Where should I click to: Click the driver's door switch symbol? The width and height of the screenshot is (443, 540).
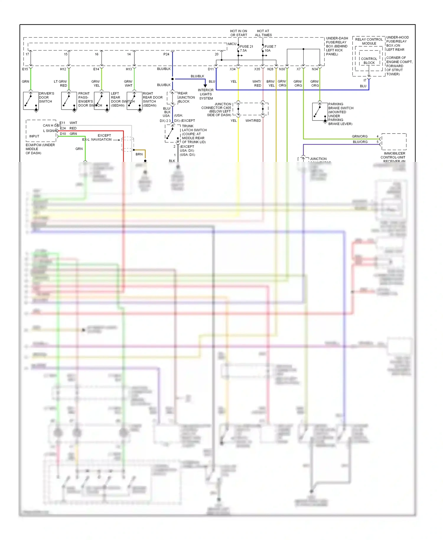pyautogui.click(x=31, y=101)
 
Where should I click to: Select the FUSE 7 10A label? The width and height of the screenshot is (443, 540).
pyautogui.click(x=270, y=48)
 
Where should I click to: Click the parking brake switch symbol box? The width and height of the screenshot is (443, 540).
pyautogui.click(x=320, y=111)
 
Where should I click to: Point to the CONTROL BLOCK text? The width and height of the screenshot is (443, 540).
pyautogui.click(x=369, y=61)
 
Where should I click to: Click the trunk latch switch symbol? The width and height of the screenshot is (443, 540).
pyautogui.click(x=172, y=133)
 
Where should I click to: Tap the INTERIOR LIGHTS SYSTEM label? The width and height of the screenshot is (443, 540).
pyautogui.click(x=206, y=94)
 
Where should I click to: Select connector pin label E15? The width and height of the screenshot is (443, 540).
pyautogui.click(x=25, y=69)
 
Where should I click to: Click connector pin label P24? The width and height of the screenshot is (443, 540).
pyautogui.click(x=166, y=54)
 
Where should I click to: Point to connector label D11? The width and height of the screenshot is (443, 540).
pyautogui.click(x=211, y=69)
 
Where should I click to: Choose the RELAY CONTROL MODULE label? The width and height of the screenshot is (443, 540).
pyautogui.click(x=369, y=41)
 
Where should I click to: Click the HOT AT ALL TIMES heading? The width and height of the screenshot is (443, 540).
pyautogui.click(x=263, y=33)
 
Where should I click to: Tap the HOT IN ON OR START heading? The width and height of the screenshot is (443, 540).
pyautogui.click(x=239, y=33)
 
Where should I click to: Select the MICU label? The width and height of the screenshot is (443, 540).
pyautogui.click(x=232, y=44)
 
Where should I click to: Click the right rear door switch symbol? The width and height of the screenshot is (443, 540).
pyautogui.click(x=134, y=101)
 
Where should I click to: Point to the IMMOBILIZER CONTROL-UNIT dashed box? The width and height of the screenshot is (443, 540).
pyautogui.click(x=394, y=141)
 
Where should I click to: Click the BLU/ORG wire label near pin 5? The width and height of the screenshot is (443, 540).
pyautogui.click(x=360, y=142)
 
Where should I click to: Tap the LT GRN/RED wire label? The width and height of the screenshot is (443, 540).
pyautogui.click(x=61, y=83)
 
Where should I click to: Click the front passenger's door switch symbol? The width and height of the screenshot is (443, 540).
pyautogui.click(x=69, y=101)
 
